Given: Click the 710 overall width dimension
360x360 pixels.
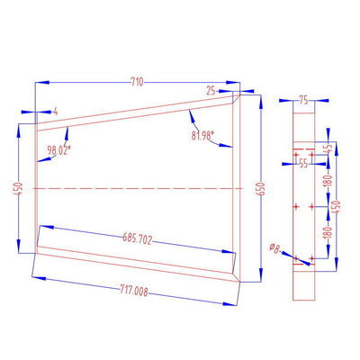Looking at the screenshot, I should point(136,82).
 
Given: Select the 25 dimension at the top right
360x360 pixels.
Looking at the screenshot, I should point(211,91).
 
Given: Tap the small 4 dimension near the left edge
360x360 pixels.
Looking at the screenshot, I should point(55,110).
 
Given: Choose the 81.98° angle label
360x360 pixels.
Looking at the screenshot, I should point(208,135).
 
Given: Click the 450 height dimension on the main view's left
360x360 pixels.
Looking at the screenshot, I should point(19,191).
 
